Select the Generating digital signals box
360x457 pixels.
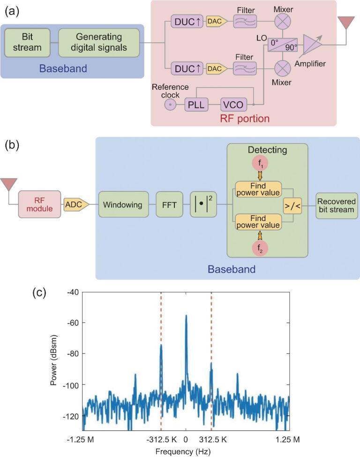[x=99, y=42]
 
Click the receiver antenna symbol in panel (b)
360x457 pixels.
[x=10, y=184]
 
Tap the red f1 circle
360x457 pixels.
[x=260, y=165]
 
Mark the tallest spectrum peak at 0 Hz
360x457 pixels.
[x=186, y=316]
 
